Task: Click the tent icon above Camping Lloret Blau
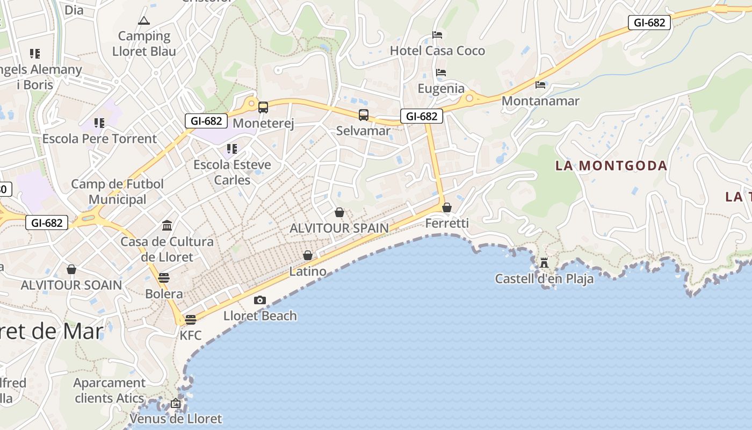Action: pyautogui.click(x=143, y=21)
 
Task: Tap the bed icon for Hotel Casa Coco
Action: pyautogui.click(x=437, y=35)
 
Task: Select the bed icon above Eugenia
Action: pyautogui.click(x=441, y=73)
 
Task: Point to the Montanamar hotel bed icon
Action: pyautogui.click(x=540, y=85)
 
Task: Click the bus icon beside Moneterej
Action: pyautogui.click(x=263, y=107)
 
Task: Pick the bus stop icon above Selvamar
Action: pyautogui.click(x=364, y=114)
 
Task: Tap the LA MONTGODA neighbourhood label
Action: pyautogui.click(x=611, y=166)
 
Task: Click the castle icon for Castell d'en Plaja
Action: pyautogui.click(x=544, y=263)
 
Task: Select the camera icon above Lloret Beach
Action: pyautogui.click(x=260, y=300)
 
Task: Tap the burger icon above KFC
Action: pyautogui.click(x=190, y=320)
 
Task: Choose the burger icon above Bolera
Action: pyautogui.click(x=164, y=278)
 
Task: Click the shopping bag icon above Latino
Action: pyautogui.click(x=308, y=255)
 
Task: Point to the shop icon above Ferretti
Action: pyautogui.click(x=447, y=207)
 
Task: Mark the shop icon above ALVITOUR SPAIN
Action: pyautogui.click(x=339, y=212)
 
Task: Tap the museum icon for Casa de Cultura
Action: pyautogui.click(x=167, y=225)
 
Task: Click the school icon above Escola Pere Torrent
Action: pyautogui.click(x=99, y=123)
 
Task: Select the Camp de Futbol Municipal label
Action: pyautogui.click(x=118, y=192)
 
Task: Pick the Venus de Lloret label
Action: pyautogui.click(x=176, y=419)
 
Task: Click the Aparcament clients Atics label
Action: pyautogui.click(x=110, y=391)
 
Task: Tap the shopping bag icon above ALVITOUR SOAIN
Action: pyautogui.click(x=71, y=269)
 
